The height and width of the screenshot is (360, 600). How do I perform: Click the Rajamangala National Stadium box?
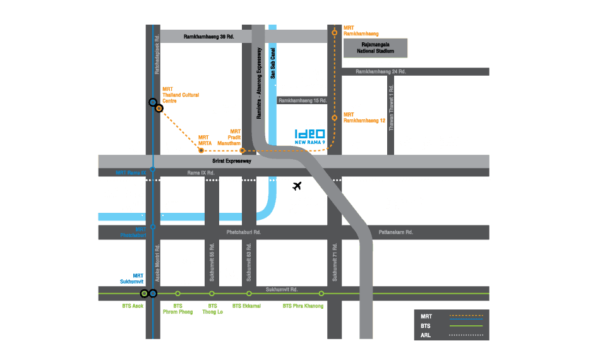[x=375, y=48]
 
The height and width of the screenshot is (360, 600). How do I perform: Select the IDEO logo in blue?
[x=310, y=136]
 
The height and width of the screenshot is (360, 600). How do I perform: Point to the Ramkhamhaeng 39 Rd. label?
[x=208, y=37]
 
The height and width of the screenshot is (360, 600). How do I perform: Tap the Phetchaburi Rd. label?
[x=244, y=232]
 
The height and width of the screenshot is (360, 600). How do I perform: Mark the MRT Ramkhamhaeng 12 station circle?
[x=335, y=117]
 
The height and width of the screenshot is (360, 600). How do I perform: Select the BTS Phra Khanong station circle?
[x=321, y=294]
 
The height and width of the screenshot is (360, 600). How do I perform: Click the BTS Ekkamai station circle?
[x=249, y=294]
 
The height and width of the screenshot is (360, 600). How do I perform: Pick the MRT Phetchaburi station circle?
[x=152, y=227]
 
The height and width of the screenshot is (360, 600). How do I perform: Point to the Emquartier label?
[x=181, y=282]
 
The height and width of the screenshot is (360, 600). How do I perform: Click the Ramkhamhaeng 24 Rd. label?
[x=380, y=71]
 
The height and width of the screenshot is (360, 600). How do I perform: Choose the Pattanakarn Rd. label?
[x=396, y=232]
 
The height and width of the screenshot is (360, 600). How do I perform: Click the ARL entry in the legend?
[x=427, y=335]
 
